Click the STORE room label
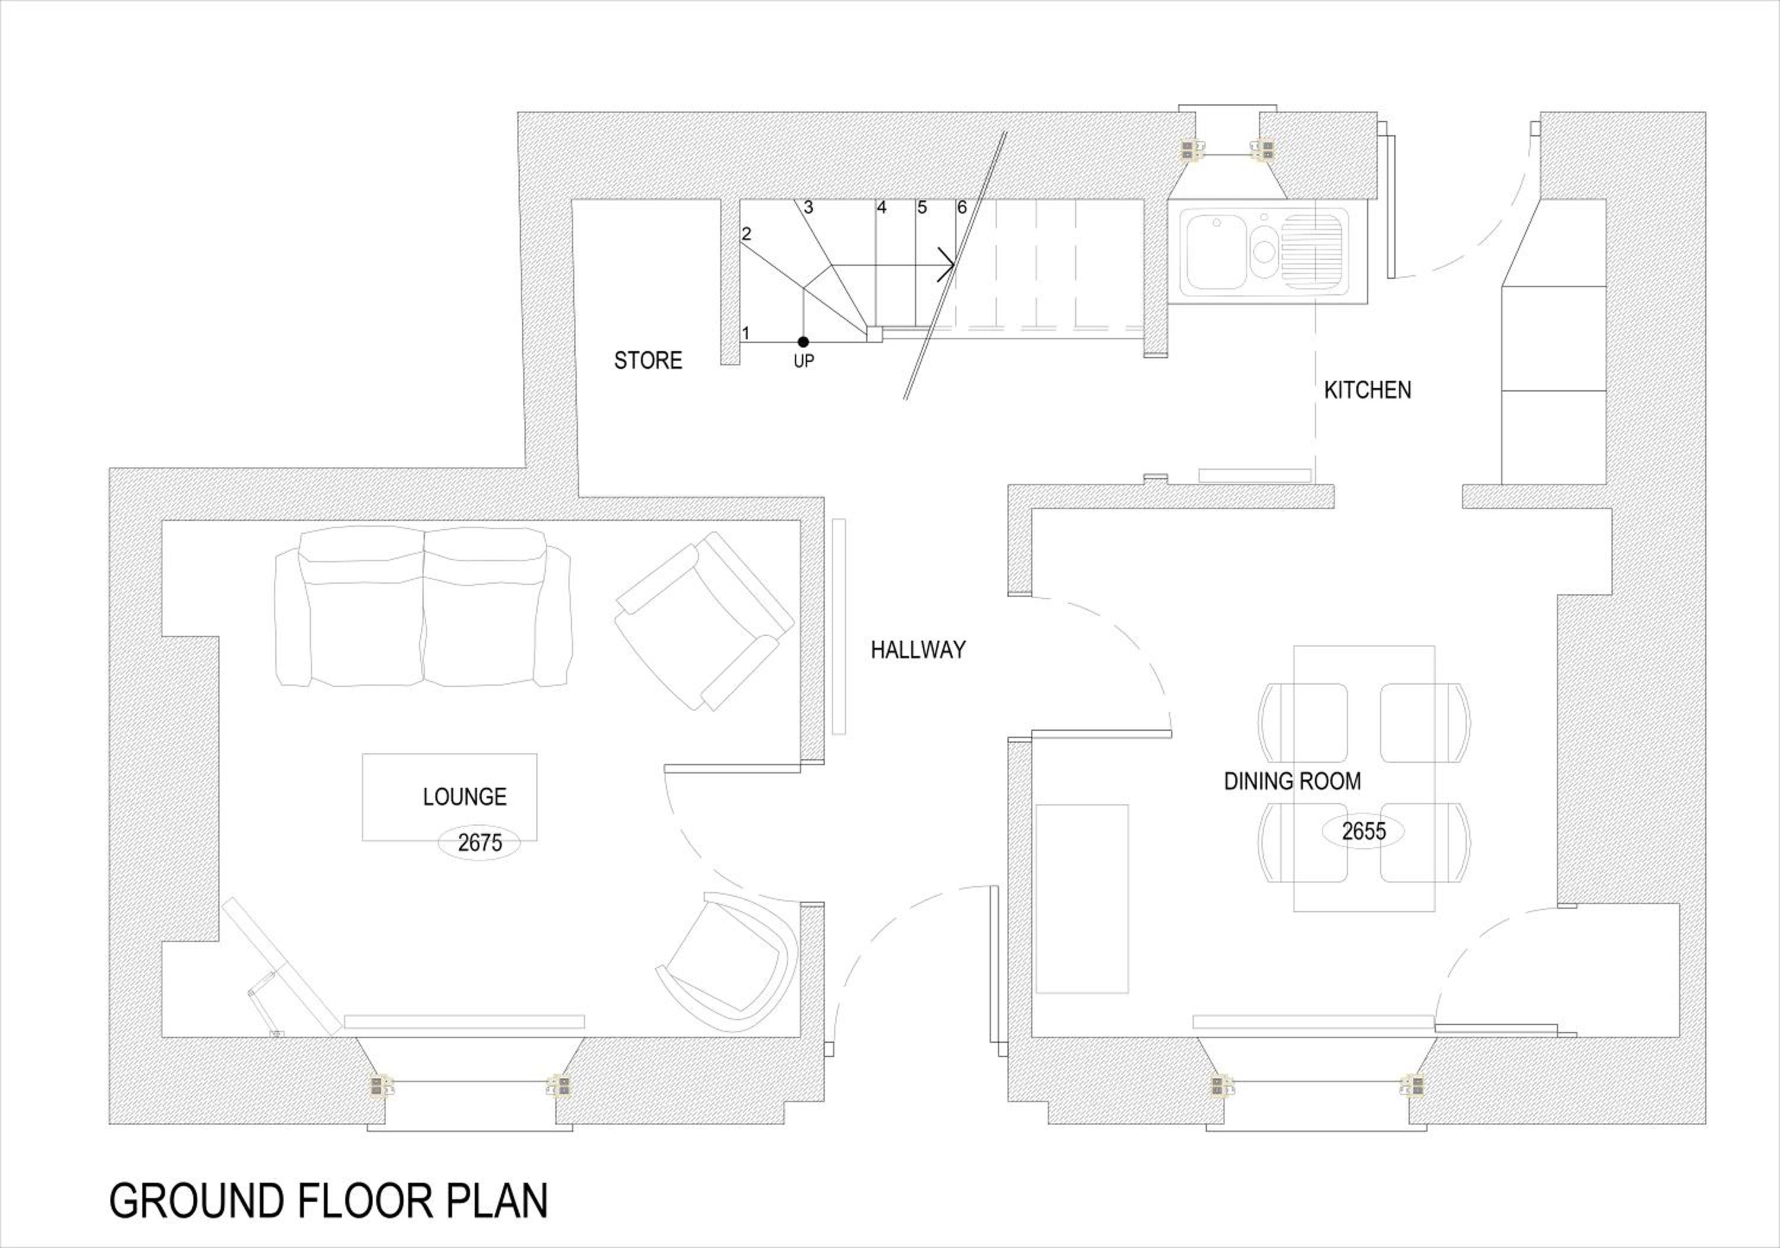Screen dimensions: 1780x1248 click(x=648, y=361)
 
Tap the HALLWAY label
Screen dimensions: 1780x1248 click(x=918, y=650)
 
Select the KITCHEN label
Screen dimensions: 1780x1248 click(x=1368, y=390)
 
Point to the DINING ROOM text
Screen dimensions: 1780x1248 click(x=1292, y=781)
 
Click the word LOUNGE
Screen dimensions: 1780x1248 click(x=465, y=796)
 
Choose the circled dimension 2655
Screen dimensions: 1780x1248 click(x=1363, y=831)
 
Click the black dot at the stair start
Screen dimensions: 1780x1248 click(x=803, y=342)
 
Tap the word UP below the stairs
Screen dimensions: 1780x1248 click(x=804, y=361)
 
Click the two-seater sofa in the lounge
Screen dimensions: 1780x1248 click(x=423, y=607)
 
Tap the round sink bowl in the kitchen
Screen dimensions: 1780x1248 click(x=1264, y=250)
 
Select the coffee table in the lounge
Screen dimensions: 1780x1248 click(x=450, y=797)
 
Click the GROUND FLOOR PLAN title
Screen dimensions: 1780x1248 click(x=329, y=1201)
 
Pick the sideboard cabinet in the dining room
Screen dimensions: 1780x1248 click(x=1082, y=899)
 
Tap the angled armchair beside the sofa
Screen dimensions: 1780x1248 click(x=704, y=621)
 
